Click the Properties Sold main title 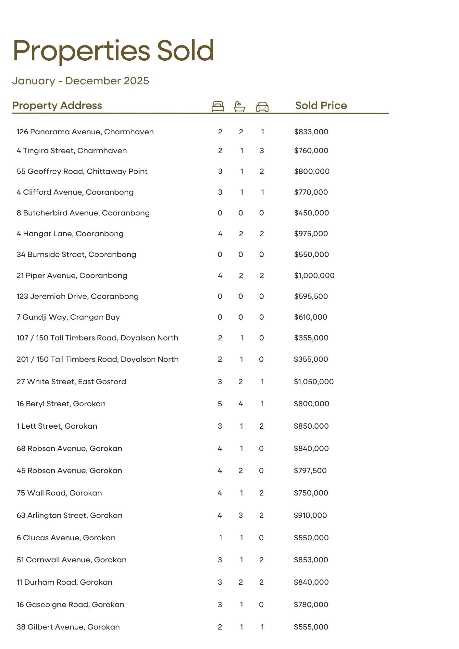coord(113,51)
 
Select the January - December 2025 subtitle coord(81,81)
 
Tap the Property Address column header coord(57,105)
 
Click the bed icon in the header coord(217,106)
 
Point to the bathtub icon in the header coord(240,106)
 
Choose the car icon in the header coord(262,106)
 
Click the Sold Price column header coord(321,105)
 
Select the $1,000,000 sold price coord(314,276)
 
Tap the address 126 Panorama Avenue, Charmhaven coord(85,132)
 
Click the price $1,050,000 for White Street coord(314,382)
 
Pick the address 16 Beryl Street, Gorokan coord(61,404)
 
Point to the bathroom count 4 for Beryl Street coord(241,404)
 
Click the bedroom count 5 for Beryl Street coord(220,404)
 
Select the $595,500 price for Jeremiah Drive coord(311,296)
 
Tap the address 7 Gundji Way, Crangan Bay coord(68,317)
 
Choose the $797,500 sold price coord(310,471)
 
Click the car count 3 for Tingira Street coord(262,151)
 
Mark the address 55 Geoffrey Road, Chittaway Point coord(82,171)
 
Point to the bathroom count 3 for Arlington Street coord(241,515)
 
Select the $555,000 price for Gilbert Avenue coord(311,627)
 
